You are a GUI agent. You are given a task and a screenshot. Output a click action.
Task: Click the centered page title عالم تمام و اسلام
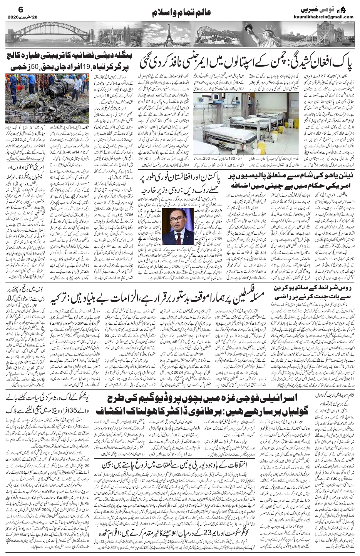[x=180, y=13]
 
